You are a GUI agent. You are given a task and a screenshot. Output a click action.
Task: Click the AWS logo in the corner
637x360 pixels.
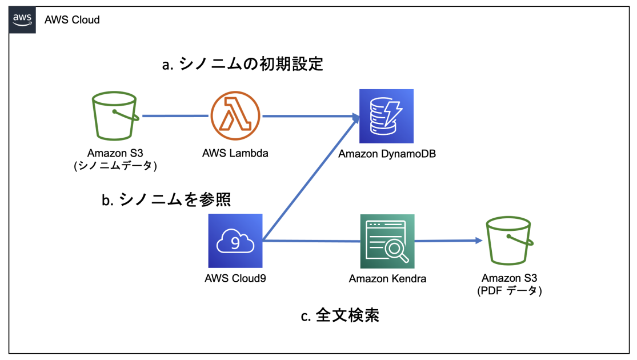[x=22, y=20]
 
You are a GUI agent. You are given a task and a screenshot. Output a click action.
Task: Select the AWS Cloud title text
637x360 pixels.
[x=72, y=20]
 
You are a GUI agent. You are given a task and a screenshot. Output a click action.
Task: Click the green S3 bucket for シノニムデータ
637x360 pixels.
[x=115, y=117]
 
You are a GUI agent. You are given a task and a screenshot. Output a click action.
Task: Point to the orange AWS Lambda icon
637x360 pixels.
[x=235, y=117]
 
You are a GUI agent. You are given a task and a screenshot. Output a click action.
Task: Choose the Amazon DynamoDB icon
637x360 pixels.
[x=386, y=116]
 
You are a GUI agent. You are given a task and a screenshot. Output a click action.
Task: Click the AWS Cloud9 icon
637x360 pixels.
[x=235, y=241]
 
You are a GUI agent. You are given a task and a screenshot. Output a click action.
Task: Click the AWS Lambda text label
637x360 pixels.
[x=235, y=153]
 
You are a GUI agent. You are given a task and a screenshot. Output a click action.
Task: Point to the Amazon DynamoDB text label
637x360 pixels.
[x=387, y=154]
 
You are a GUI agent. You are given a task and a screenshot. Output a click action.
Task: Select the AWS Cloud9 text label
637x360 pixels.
[x=235, y=279]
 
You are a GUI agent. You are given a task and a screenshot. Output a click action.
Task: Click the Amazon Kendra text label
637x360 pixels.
[x=387, y=279]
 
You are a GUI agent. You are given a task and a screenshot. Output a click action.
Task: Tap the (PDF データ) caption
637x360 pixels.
[x=510, y=291]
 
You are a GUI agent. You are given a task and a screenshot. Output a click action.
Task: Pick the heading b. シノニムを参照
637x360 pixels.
[x=166, y=199]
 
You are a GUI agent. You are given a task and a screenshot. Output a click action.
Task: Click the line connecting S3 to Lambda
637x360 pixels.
[x=174, y=116]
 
